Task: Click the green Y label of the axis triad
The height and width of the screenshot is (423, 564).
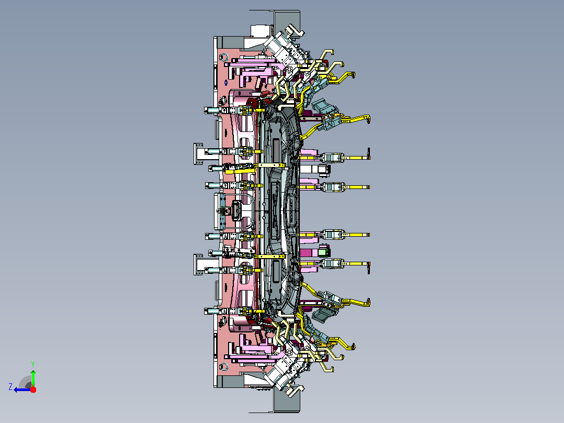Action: (x=33, y=364)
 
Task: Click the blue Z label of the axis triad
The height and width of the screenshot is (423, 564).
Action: (x=10, y=387)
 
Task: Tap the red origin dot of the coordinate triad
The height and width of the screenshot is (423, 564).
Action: (x=33, y=389)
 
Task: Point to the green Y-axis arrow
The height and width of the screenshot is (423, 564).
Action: (x=33, y=377)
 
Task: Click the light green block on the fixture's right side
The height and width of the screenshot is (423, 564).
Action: (x=323, y=252)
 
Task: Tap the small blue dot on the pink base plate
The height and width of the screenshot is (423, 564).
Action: (x=226, y=83)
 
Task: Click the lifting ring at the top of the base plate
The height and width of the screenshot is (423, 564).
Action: (x=224, y=57)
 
